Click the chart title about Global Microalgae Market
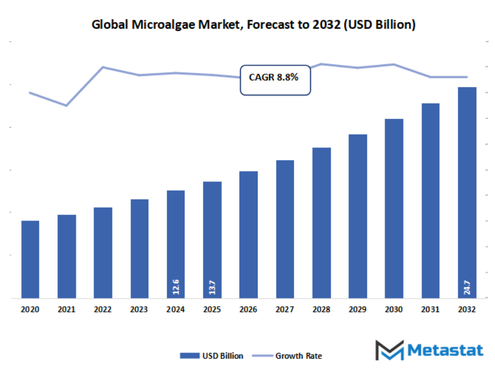click(x=253, y=25)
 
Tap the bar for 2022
click(x=103, y=253)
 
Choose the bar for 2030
click(x=394, y=209)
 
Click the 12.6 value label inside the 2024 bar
click(x=176, y=287)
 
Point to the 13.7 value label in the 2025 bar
click(x=212, y=287)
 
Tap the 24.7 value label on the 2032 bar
click(x=467, y=287)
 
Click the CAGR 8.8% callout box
click(x=275, y=79)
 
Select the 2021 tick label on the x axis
click(x=66, y=310)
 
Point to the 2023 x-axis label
click(x=139, y=310)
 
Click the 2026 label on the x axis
click(x=248, y=310)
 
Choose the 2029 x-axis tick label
click(x=358, y=310)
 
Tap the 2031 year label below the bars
click(x=430, y=310)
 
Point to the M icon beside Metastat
click(x=389, y=350)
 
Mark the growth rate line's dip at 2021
click(x=66, y=106)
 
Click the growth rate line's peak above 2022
click(x=103, y=67)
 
